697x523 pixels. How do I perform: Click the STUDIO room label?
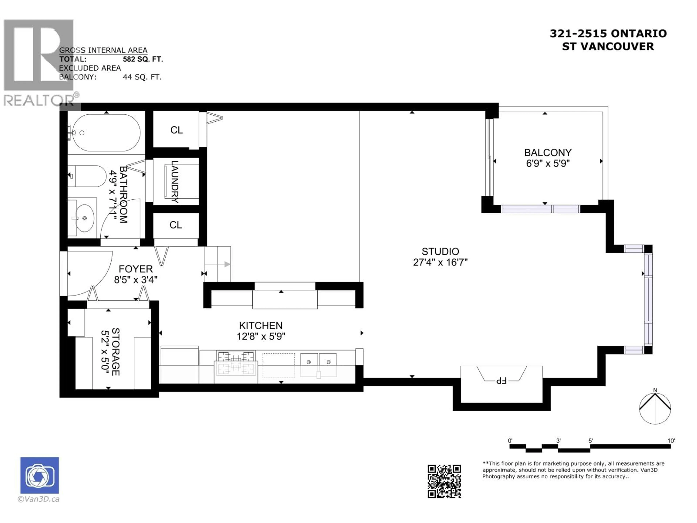point(440,252)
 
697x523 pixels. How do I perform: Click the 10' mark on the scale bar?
point(671,441)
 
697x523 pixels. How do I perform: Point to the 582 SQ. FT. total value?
point(143,59)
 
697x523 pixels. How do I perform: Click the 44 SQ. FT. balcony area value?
point(142,77)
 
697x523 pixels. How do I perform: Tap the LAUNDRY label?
point(175,182)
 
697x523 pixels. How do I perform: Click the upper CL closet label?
point(176,130)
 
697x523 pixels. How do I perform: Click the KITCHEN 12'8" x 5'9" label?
point(261,331)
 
